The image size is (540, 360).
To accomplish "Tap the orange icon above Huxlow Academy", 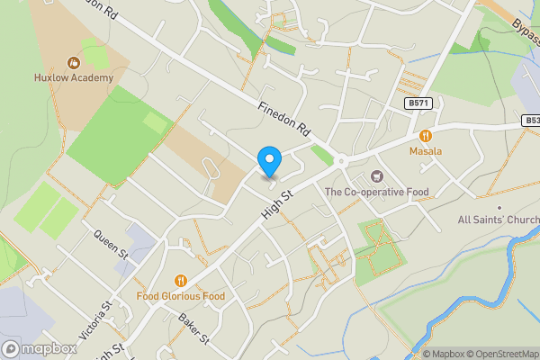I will (x=75, y=62).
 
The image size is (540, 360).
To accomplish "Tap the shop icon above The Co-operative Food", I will (x=376, y=175).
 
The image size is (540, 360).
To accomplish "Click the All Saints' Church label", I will (x=499, y=220).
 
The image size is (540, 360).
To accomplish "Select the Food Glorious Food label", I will (x=181, y=295).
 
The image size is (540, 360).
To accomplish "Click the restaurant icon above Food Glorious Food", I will (x=181, y=280).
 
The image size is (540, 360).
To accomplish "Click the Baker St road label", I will (x=193, y=328).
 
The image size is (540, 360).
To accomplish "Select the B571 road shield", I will (x=418, y=103).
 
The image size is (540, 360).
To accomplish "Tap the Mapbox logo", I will (x=40, y=348).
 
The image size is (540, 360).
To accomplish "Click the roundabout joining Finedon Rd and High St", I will (x=342, y=162).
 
